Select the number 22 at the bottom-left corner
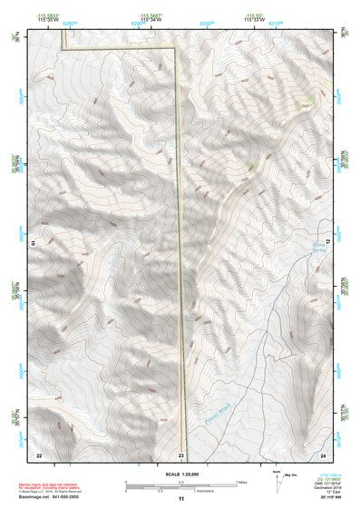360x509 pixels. point(39,454)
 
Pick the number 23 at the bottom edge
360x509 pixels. point(181,454)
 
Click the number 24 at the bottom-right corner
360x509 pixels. point(323,454)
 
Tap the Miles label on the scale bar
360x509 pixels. point(243,482)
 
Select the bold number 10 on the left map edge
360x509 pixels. point(34,243)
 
